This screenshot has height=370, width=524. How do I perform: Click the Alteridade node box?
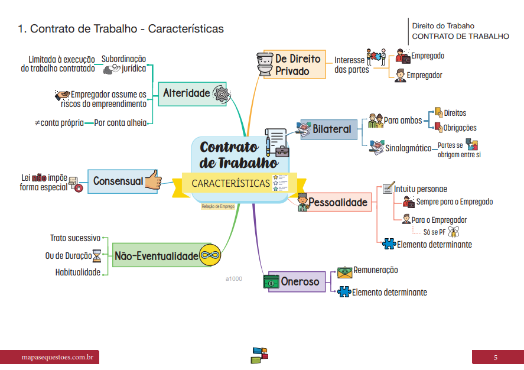click(x=187, y=93)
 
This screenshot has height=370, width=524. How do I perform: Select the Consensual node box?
click(x=118, y=181)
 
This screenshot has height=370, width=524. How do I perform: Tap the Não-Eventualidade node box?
click(x=156, y=256)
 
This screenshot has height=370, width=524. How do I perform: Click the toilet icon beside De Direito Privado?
click(x=264, y=64)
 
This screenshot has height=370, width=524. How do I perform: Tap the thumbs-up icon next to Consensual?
click(x=154, y=181)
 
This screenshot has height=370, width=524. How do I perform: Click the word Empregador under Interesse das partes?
click(x=424, y=75)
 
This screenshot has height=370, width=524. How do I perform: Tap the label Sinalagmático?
click(x=408, y=148)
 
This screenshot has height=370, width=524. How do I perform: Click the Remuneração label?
click(x=375, y=270)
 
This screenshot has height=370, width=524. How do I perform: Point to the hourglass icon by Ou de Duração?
click(x=96, y=256)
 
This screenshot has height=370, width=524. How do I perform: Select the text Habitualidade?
click(x=77, y=272)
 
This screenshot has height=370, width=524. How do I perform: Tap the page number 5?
click(x=496, y=358)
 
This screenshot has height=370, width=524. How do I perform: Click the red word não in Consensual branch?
click(x=40, y=177)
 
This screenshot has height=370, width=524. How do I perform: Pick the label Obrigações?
click(x=460, y=127)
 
